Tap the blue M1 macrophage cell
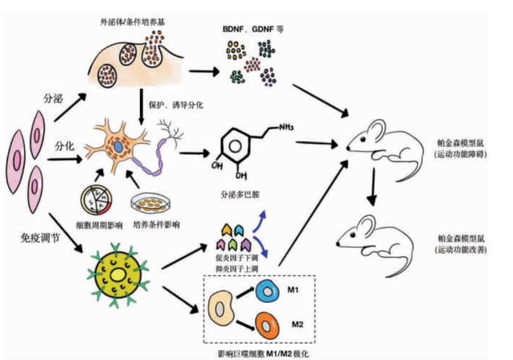269,292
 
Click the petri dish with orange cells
154,203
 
